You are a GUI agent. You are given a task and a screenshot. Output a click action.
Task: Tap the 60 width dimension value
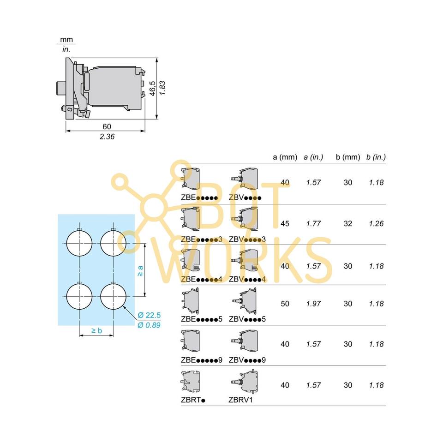pyautogui.click(x=107, y=126)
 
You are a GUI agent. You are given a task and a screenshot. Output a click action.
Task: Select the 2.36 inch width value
pyautogui.click(x=107, y=136)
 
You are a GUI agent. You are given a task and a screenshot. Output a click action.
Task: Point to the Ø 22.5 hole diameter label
pyautogui.click(x=149, y=315)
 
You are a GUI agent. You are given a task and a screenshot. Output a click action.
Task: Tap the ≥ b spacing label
pyautogui.click(x=96, y=330)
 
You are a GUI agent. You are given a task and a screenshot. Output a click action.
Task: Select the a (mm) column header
pyautogui.click(x=285, y=157)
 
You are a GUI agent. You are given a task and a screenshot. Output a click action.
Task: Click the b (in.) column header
pyautogui.click(x=376, y=157)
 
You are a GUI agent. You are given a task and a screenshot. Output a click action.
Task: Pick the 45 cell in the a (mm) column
pyautogui.click(x=285, y=224)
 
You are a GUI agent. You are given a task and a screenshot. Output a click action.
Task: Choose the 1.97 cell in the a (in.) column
pyautogui.click(x=313, y=304)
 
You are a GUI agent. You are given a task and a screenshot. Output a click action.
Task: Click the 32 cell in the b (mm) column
pyautogui.click(x=348, y=224)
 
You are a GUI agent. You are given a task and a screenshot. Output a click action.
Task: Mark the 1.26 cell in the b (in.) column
pyautogui.click(x=376, y=224)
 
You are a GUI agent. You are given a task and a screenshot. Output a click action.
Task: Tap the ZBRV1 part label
pyautogui.click(x=240, y=400)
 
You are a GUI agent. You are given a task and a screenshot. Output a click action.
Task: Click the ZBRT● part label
pyautogui.click(x=193, y=400)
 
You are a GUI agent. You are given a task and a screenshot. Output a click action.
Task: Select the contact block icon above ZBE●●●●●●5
pyautogui.click(x=191, y=300)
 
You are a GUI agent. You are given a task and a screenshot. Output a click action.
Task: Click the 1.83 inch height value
pyautogui.click(x=162, y=88)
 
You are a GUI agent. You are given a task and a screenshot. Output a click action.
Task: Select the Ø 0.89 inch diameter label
pyautogui.click(x=149, y=325)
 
